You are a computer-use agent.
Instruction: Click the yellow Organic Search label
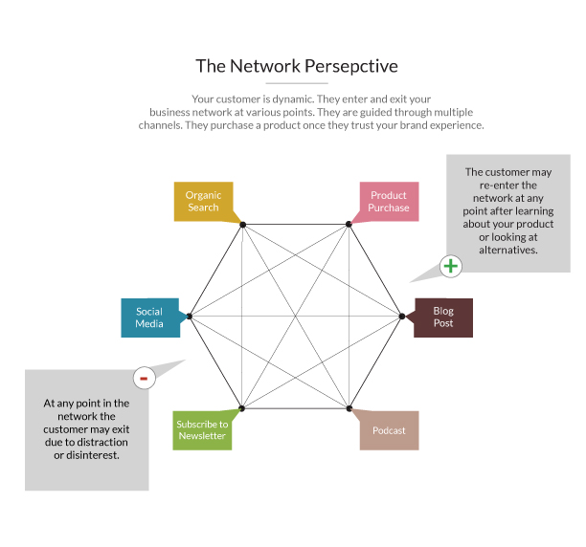(x=203, y=201)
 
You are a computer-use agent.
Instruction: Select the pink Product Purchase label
(x=389, y=201)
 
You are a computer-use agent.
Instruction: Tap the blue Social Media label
(x=148, y=317)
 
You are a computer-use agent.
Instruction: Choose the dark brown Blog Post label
(x=443, y=317)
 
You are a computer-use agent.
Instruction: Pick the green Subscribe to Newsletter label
(x=202, y=429)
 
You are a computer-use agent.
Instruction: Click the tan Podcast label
(x=389, y=430)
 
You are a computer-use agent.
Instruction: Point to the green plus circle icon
(x=451, y=266)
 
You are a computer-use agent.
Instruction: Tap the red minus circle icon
(x=144, y=378)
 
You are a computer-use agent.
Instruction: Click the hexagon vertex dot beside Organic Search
(x=243, y=225)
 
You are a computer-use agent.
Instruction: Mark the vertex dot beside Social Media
(x=190, y=317)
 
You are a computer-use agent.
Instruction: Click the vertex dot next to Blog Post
(x=402, y=316)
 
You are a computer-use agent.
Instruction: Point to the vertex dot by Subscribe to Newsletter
(x=242, y=408)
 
